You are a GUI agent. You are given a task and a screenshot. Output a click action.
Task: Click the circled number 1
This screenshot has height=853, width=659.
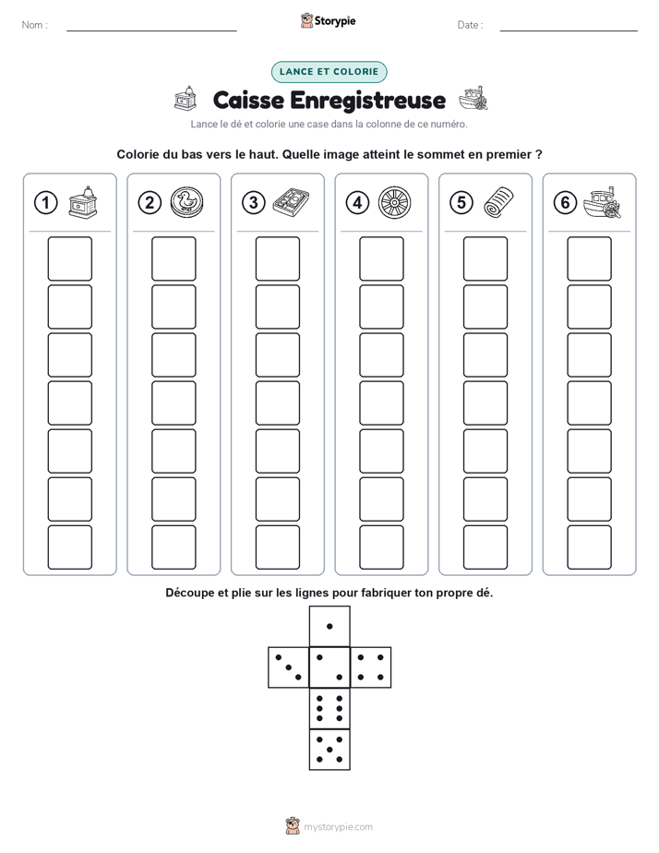click(x=45, y=203)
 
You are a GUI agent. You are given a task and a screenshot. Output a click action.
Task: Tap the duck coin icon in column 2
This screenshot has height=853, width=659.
click(x=187, y=203)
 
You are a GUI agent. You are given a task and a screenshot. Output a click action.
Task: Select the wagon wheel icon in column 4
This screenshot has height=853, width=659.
click(x=395, y=203)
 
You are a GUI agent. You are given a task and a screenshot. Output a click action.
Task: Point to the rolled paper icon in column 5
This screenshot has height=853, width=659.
click(x=498, y=202)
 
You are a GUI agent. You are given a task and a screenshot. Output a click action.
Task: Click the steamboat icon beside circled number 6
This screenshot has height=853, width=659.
click(x=602, y=202)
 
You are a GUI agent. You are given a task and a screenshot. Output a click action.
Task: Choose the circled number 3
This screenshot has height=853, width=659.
click(x=254, y=203)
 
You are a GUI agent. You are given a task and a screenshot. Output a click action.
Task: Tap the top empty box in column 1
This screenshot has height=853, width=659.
click(x=69, y=258)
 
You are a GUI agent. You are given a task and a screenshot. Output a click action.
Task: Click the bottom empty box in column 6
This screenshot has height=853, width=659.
click(x=589, y=547)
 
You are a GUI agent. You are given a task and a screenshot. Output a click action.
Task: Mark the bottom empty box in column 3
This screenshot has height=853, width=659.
click(x=277, y=547)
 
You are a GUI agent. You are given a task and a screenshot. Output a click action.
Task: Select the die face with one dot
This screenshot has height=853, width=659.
click(x=329, y=626)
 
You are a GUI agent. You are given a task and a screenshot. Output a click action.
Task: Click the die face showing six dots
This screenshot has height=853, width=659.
click(x=329, y=708)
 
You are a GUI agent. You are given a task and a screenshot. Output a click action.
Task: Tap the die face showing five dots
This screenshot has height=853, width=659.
click(x=329, y=750)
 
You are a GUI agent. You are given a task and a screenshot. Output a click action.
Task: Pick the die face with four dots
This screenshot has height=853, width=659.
click(x=371, y=667)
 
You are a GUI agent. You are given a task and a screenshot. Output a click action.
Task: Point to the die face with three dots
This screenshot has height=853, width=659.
click(x=289, y=667)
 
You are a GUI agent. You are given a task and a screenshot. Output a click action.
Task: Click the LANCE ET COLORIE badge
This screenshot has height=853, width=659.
click(x=329, y=72)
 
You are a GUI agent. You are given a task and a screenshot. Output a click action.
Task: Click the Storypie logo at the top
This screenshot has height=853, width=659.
click(x=328, y=20)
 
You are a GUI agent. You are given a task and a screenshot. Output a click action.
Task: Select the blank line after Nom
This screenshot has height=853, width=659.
click(x=151, y=30)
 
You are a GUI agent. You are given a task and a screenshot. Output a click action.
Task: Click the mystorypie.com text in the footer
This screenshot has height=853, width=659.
click(x=338, y=827)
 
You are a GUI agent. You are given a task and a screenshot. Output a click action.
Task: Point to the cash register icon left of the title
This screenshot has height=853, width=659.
click(x=186, y=99)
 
